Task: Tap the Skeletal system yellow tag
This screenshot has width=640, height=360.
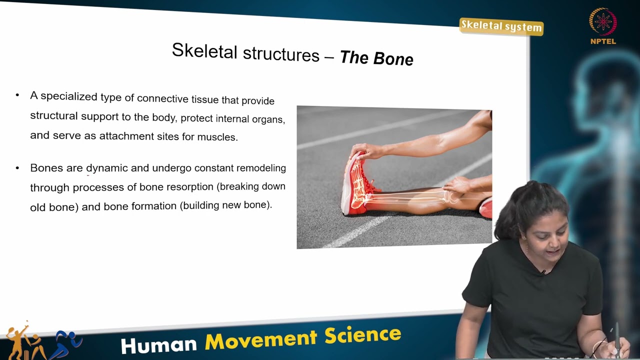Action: pyautogui.click(x=501, y=26)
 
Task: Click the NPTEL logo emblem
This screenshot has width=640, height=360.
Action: pyautogui.click(x=603, y=22)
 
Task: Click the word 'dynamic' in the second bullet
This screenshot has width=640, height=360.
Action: pyautogui.click(x=107, y=168)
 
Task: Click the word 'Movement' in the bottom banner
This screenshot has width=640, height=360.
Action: pyautogui.click(x=261, y=339)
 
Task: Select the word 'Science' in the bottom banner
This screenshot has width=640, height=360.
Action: pyautogui.click(x=362, y=335)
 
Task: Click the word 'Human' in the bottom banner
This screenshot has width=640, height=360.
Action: pyautogui.click(x=158, y=344)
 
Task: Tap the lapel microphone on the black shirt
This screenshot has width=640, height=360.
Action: pyautogui.click(x=543, y=272)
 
